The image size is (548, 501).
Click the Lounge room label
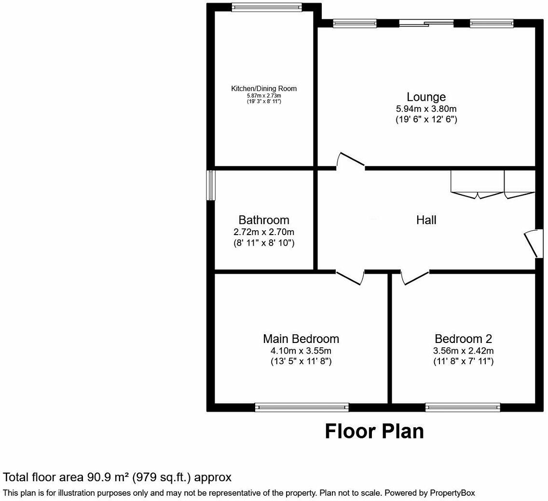[x=426, y=97]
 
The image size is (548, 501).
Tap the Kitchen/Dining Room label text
[x=264, y=89]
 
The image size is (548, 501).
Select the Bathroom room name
[x=264, y=220]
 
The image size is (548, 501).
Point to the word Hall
[x=426, y=220]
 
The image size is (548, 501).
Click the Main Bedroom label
[x=301, y=339]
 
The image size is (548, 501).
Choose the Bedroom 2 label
[x=463, y=339]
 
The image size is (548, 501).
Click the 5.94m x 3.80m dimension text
[x=426, y=109]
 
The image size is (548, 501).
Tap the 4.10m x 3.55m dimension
[x=301, y=351]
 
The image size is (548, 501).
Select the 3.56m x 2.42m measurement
[x=463, y=351]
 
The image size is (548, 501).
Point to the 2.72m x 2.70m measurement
[x=264, y=232]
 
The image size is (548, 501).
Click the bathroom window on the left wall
[x=211, y=185]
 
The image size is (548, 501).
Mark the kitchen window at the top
[x=266, y=7]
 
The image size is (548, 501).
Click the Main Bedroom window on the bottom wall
[x=301, y=408]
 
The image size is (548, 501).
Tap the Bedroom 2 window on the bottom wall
[x=463, y=408]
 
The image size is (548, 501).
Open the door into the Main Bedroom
[x=350, y=277]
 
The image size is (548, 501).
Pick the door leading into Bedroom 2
[x=415, y=277]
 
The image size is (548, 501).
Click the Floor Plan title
[x=374, y=431]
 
